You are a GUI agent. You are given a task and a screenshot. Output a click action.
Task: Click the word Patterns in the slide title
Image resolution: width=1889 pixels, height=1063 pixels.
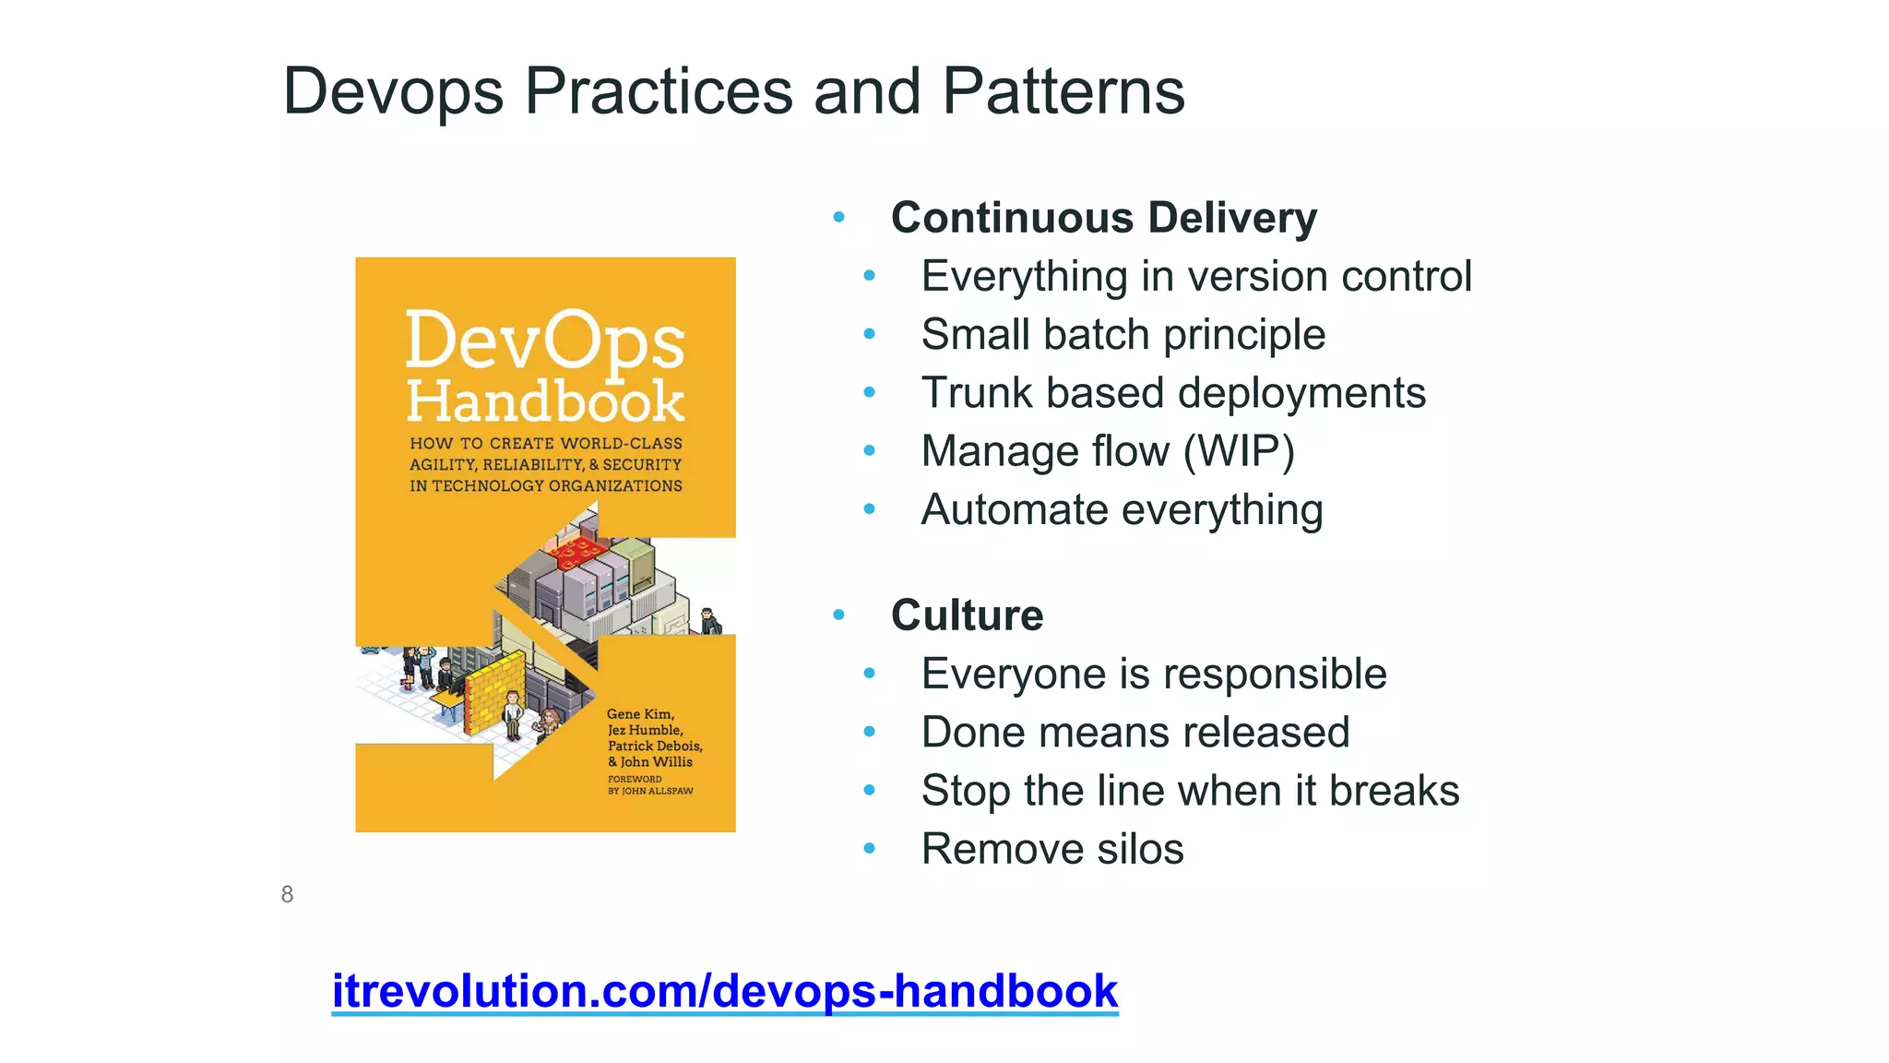click(1063, 91)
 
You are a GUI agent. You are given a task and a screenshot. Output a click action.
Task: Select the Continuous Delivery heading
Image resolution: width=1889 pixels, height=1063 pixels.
click(1103, 218)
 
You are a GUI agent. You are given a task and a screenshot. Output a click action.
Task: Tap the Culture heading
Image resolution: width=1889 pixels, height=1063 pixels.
click(967, 615)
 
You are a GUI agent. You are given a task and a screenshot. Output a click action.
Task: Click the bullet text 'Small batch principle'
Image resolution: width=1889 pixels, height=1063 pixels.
click(1123, 334)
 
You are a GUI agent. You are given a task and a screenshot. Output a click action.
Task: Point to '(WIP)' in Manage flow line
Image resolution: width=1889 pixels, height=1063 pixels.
click(1239, 451)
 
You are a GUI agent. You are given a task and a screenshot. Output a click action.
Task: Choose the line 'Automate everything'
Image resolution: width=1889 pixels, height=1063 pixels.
click(1122, 509)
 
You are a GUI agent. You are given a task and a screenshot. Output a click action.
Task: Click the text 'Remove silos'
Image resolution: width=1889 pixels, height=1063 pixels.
click(1051, 849)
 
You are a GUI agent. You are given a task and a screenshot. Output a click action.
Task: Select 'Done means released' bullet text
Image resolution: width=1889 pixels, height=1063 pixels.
click(1135, 733)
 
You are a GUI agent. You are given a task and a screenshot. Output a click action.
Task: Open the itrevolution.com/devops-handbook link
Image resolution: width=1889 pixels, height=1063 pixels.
click(725, 991)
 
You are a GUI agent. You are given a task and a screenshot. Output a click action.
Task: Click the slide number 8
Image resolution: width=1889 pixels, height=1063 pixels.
click(287, 894)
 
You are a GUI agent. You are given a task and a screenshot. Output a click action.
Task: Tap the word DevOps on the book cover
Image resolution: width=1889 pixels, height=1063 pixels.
click(544, 341)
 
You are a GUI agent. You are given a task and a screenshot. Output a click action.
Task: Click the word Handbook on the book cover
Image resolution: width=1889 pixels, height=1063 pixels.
click(544, 401)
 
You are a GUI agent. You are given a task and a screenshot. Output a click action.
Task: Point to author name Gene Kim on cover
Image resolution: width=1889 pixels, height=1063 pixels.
click(640, 713)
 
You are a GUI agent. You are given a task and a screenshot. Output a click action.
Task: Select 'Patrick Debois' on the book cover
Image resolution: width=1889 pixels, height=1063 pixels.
click(654, 746)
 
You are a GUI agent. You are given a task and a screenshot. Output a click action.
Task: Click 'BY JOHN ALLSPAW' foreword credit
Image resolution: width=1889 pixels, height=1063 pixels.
click(650, 791)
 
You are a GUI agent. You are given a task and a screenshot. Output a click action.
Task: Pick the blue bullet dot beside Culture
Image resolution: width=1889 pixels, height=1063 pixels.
click(838, 615)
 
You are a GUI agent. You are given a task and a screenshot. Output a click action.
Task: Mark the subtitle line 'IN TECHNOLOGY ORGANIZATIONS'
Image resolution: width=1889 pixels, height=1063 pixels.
click(546, 486)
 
